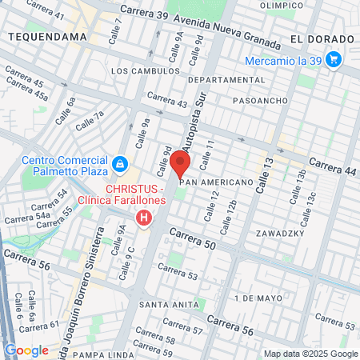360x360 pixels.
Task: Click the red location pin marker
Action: coord(180,163)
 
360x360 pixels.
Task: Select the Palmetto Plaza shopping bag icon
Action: coord(119,164)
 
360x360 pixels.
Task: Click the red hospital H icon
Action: coord(144,218)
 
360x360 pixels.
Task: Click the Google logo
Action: coord(26,350)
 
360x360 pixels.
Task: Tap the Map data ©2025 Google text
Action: coord(311,354)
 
